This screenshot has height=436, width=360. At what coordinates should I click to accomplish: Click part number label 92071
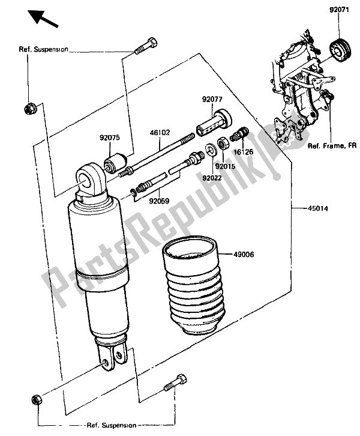coord(340,10)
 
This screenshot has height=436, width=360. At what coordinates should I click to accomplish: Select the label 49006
coord(244,254)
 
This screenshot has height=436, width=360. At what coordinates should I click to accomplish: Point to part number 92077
coord(212,99)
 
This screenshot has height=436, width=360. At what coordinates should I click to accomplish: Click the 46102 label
coord(160,132)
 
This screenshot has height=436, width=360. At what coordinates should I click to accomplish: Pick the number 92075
coord(110,138)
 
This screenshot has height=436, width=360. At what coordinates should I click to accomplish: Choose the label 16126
coord(244,151)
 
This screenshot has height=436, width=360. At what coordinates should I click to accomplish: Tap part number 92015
coord(225,166)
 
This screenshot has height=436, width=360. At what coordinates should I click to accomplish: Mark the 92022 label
coord(212,178)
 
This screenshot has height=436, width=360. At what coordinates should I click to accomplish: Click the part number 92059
coord(159,201)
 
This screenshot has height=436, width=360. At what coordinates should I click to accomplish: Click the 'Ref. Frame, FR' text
coord(332,146)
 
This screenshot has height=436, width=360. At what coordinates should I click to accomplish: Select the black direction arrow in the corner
coord(43,19)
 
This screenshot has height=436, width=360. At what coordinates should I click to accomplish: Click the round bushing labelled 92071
coord(340,51)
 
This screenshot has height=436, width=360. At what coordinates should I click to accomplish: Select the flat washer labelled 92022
coord(212,149)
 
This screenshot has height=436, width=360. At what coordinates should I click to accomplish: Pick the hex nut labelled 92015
coord(223,144)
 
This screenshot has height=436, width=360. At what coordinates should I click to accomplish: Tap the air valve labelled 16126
coord(239,134)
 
